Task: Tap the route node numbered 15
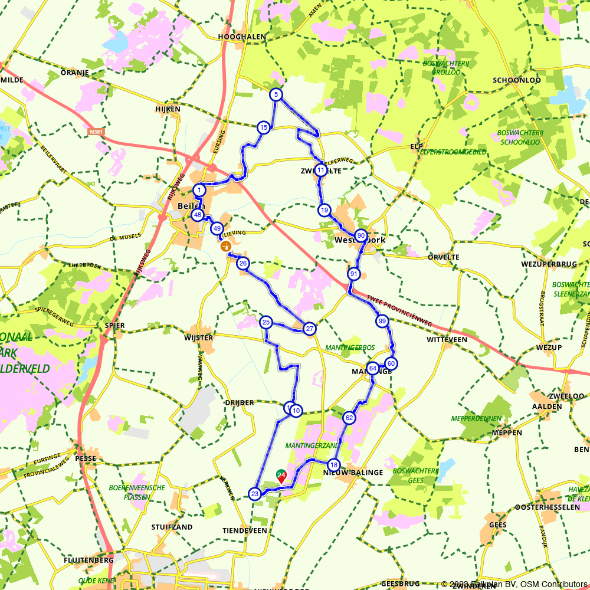pyautogui.click(x=263, y=127)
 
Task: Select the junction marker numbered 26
pyautogui.click(x=242, y=263)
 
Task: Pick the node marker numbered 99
pyautogui.click(x=382, y=321)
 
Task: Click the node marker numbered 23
pyautogui.click(x=254, y=494)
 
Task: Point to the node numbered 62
pyautogui.click(x=349, y=418)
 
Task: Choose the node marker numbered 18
pyautogui.click(x=333, y=464)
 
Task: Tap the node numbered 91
pyautogui.click(x=353, y=274)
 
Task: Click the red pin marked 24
pyautogui.click(x=281, y=476)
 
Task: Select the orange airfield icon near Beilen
pyautogui.click(x=225, y=246)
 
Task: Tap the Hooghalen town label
pyautogui.click(x=242, y=37)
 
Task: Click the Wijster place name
pyautogui.click(x=198, y=337)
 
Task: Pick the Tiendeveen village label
pyautogui.click(x=244, y=530)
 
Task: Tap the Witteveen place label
pyautogui.click(x=447, y=340)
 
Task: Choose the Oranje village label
pyautogui.click(x=74, y=73)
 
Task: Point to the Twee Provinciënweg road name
pyautogui.click(x=399, y=311)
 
